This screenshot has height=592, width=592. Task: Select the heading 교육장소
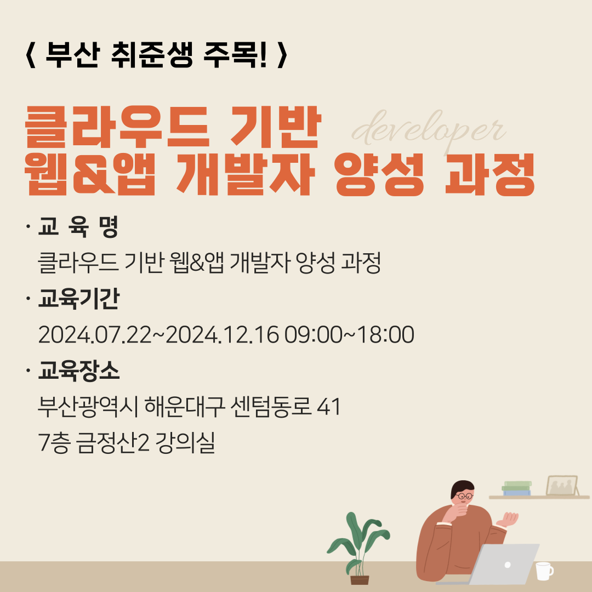[78, 372]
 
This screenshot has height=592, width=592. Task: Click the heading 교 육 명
[78, 227]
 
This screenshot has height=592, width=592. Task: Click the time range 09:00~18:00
[349, 335]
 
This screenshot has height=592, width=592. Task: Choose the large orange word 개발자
[244, 177]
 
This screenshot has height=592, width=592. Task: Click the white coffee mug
[543, 571]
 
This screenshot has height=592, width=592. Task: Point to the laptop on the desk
[502, 565]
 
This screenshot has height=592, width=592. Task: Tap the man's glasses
[465, 496]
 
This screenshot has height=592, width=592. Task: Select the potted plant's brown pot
[360, 579]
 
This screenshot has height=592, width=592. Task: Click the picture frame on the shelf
[562, 486]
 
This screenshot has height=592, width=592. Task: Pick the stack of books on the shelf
[517, 488]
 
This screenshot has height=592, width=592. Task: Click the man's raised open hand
[508, 518]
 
